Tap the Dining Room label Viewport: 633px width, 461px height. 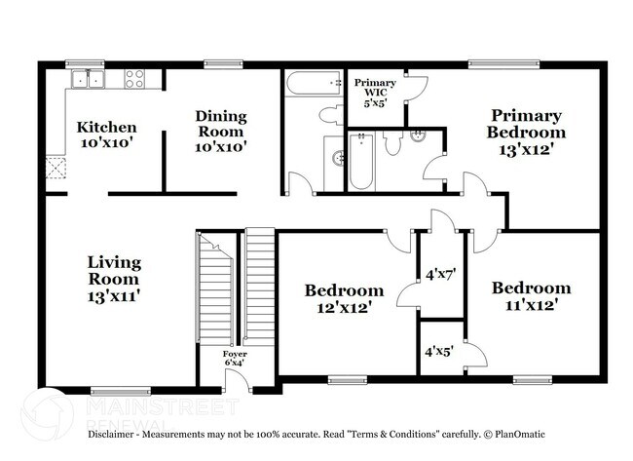(x=221, y=132)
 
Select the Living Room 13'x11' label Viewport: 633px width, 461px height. (x=114, y=279)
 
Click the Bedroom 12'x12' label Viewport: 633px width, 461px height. (x=344, y=298)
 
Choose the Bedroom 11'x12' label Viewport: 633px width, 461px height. (x=531, y=296)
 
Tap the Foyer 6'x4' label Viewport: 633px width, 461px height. (x=235, y=358)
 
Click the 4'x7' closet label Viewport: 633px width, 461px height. (x=441, y=275)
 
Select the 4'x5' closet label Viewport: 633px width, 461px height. (x=439, y=347)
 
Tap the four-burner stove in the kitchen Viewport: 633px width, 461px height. (x=134, y=79)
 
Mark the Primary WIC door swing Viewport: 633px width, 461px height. (x=417, y=88)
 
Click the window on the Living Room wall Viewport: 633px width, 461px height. (x=119, y=391)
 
